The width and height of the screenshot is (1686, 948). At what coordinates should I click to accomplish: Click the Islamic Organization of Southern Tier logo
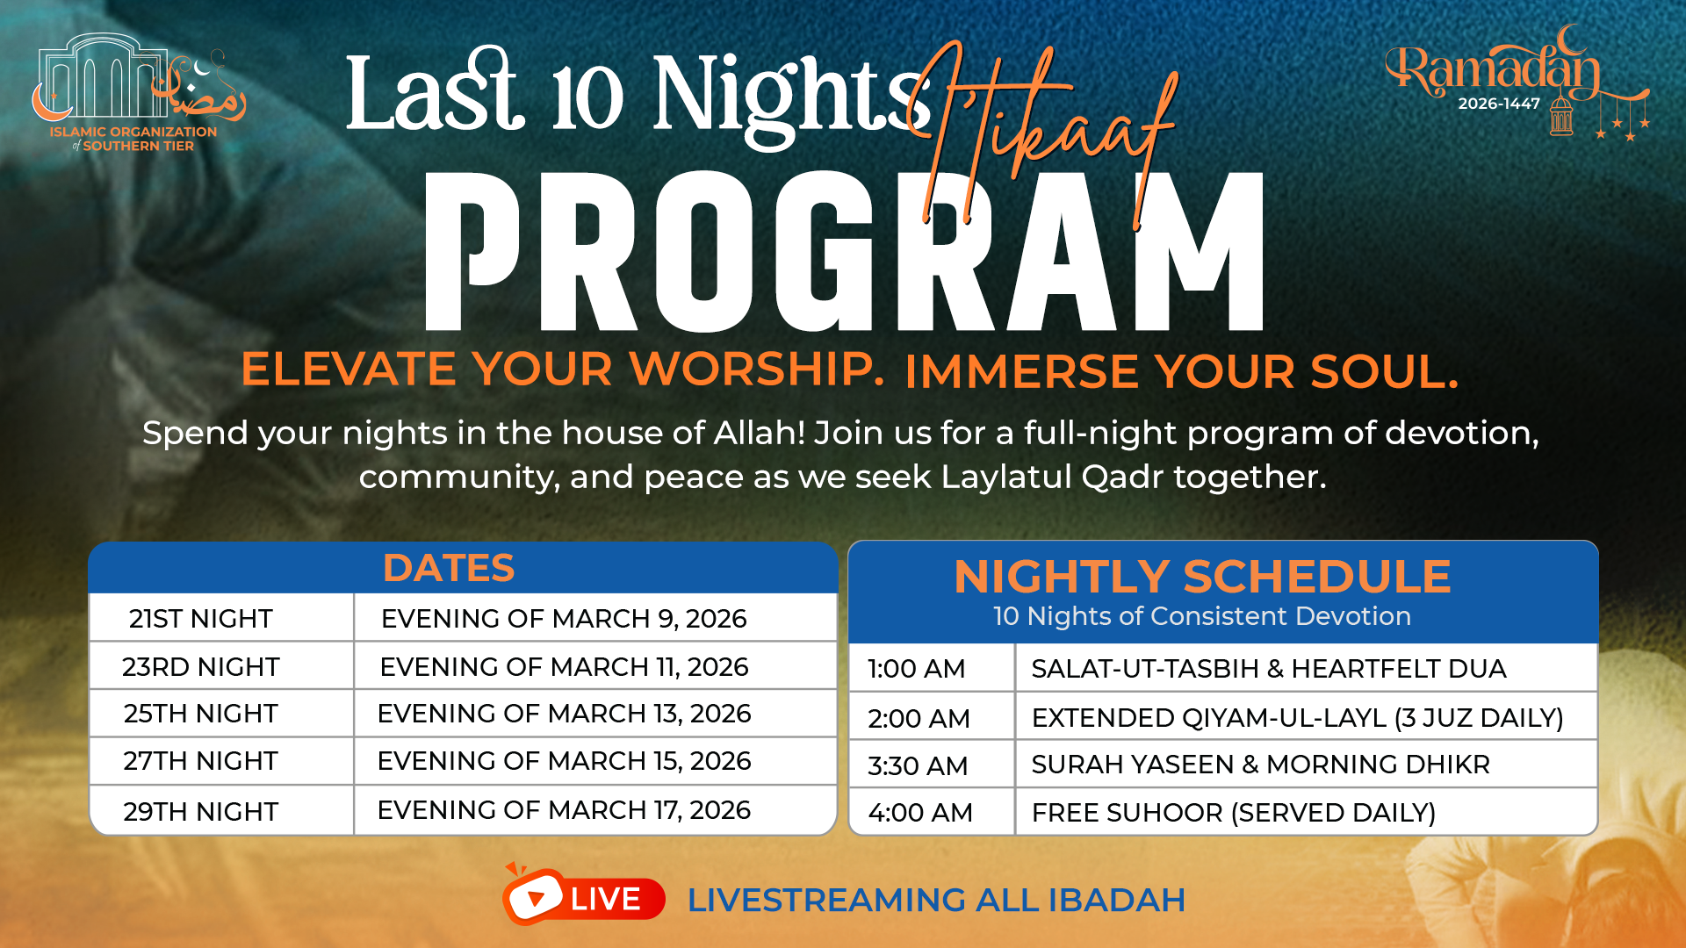[139, 92]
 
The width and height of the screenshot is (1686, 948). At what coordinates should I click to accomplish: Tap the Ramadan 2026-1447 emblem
[1517, 83]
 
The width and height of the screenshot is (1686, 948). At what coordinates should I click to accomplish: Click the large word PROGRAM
[844, 251]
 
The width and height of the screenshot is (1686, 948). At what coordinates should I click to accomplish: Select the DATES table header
[449, 568]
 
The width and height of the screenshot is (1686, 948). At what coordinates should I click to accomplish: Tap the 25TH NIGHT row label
[200, 714]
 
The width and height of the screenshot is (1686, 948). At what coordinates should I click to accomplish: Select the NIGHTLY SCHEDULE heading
[1202, 577]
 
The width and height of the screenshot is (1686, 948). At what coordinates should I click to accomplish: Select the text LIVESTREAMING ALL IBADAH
[936, 900]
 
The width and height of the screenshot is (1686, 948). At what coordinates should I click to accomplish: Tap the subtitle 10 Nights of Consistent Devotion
[1202, 616]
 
